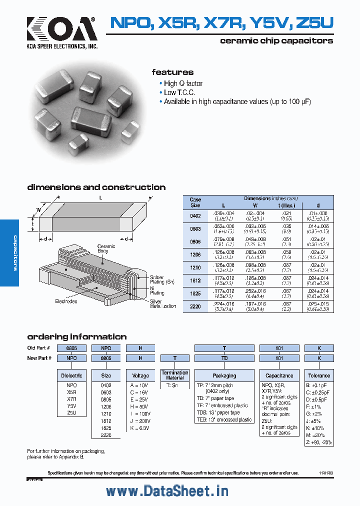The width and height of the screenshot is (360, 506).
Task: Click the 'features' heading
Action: click(x=172, y=72)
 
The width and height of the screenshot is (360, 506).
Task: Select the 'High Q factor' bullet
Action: click(x=183, y=83)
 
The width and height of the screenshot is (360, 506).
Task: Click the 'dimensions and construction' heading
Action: click(x=96, y=187)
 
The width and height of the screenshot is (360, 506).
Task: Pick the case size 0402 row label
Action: click(x=195, y=216)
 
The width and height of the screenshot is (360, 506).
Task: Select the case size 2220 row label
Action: click(x=195, y=306)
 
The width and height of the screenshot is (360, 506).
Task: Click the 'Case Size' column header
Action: click(x=195, y=202)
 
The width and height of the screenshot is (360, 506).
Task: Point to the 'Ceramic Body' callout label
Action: click(x=106, y=249)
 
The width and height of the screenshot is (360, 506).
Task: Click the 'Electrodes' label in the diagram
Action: click(x=66, y=301)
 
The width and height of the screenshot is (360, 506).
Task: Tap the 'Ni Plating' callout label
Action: click(x=156, y=290)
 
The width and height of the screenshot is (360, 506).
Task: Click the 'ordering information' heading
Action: click(x=76, y=336)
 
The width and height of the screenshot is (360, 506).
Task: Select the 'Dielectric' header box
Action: click(x=71, y=375)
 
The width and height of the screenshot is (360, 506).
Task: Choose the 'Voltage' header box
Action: click(x=140, y=375)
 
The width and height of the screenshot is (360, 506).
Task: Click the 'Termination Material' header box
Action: click(x=175, y=375)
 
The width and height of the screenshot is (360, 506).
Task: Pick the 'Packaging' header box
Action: click(x=224, y=375)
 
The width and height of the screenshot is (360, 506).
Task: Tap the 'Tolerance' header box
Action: click(x=318, y=375)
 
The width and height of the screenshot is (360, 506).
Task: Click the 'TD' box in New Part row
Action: click(x=224, y=358)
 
